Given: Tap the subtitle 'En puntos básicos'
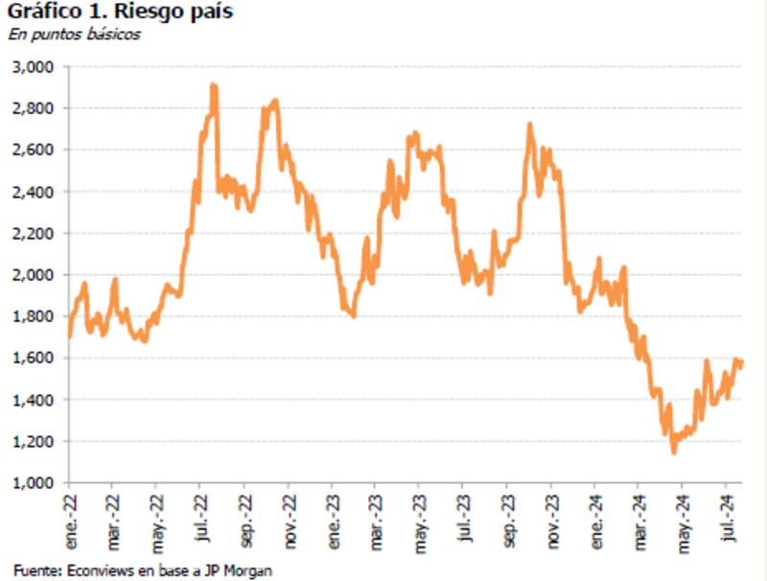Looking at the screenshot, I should coord(75,35).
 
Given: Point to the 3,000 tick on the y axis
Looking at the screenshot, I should coord(35,67).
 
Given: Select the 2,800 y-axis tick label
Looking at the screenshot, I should coord(35,108).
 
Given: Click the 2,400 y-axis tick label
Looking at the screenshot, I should coord(35,192).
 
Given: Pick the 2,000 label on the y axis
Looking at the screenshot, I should coord(35,275).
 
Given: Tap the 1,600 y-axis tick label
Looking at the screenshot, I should coord(35,359).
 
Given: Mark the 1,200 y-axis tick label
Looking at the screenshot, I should coord(35,441).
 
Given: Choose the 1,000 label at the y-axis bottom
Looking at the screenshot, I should coord(35,483).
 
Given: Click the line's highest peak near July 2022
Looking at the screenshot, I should coord(214,86).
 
